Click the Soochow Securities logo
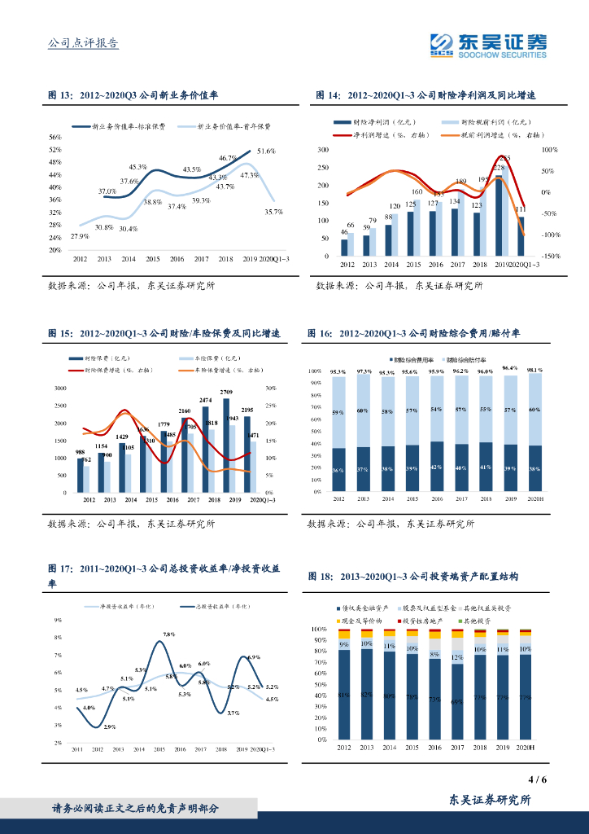(x=487, y=45)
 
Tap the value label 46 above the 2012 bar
(x=344, y=233)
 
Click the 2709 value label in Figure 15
(x=226, y=393)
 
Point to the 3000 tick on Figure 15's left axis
(x=60, y=388)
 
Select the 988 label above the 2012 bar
(x=81, y=452)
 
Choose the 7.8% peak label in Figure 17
(x=169, y=634)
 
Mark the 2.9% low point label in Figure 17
(x=109, y=726)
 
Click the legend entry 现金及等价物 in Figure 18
(x=358, y=621)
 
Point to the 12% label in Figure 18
(x=456, y=656)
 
